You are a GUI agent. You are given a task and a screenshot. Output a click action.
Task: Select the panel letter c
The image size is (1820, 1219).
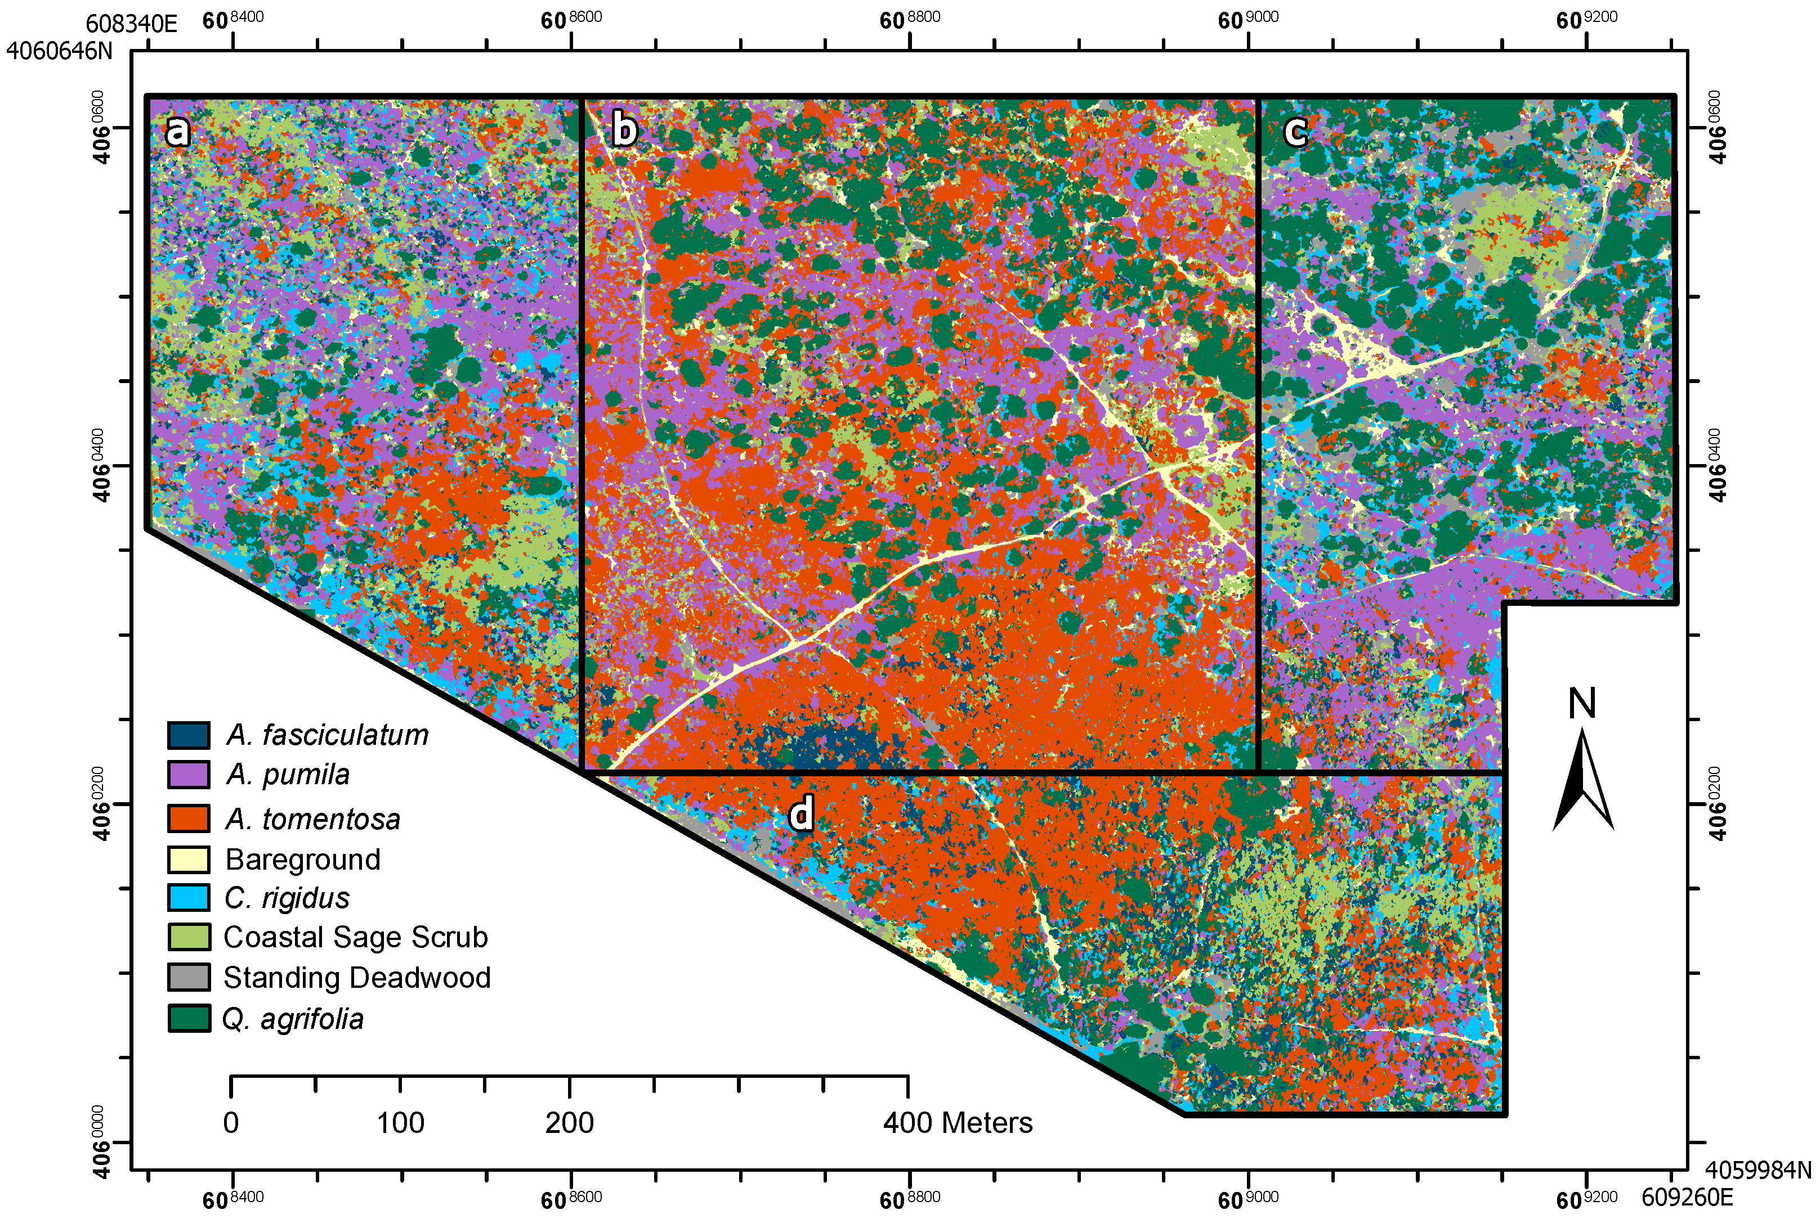pos(1295,131)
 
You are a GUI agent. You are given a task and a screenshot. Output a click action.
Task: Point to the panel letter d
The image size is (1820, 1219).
pos(801,813)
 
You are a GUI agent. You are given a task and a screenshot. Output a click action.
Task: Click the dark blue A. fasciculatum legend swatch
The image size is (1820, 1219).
pos(188,735)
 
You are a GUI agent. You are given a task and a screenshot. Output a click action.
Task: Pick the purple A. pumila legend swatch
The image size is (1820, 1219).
pos(188,774)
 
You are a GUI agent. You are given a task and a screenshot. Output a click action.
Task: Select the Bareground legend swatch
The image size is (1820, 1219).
pos(188,859)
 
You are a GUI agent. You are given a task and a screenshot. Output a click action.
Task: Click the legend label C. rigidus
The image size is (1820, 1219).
pos(287,898)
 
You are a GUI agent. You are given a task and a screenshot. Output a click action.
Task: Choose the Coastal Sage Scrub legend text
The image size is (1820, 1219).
pos(355,937)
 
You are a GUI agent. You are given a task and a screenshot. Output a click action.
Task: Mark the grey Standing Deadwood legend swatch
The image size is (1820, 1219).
pos(188,977)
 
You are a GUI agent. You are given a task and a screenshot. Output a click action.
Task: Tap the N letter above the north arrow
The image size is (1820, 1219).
pos(1582,704)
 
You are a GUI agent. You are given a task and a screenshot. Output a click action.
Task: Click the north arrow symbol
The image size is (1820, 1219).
pos(1584,781)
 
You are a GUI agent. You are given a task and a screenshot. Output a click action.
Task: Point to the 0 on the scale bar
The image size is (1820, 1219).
pos(231,1123)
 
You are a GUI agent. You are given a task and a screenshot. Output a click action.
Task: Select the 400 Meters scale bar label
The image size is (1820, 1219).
pos(958,1123)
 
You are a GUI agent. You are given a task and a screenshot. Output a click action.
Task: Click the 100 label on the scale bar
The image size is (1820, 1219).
pos(401,1123)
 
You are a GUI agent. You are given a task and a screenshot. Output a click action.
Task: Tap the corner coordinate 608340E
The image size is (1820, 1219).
pos(131,23)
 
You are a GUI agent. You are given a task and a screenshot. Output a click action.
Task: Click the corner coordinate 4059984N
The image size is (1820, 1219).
pos(1758,1169)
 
